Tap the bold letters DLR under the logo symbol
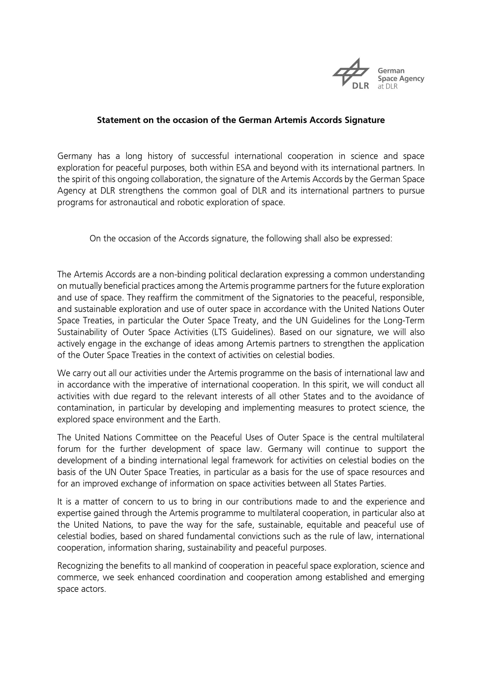[x=361, y=86]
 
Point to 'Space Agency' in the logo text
[x=401, y=79]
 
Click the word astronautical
[x=134, y=203]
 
